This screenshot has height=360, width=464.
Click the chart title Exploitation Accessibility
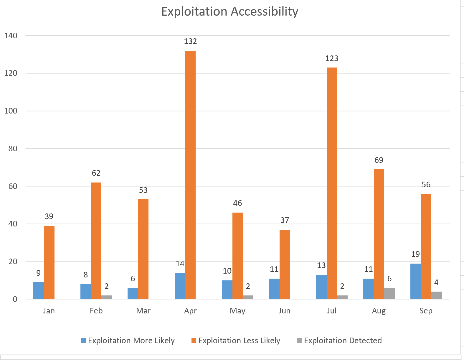pyautogui.click(x=229, y=11)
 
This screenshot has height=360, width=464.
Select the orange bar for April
pyautogui.click(x=190, y=175)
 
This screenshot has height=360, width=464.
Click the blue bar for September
pyautogui.click(x=415, y=281)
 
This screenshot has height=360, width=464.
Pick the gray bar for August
pyautogui.click(x=389, y=293)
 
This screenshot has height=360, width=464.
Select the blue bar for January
pyautogui.click(x=38, y=290)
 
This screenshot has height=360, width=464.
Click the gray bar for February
pyautogui.click(x=107, y=297)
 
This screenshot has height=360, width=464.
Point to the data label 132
pyautogui.click(x=190, y=41)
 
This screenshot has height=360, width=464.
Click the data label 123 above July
pyautogui.click(x=332, y=58)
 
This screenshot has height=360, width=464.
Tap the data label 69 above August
pyautogui.click(x=379, y=160)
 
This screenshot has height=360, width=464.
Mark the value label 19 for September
pyautogui.click(x=415, y=254)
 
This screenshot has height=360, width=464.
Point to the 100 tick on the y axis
pyautogui.click(x=11, y=111)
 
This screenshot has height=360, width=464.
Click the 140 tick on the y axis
pyautogui.click(x=11, y=36)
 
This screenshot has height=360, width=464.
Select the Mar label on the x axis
pyautogui.click(x=143, y=311)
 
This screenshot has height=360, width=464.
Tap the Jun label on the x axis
pyautogui.click(x=284, y=311)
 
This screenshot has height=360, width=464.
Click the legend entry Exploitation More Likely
pyautogui.click(x=131, y=341)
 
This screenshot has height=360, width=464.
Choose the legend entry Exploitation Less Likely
pyautogui.click(x=239, y=341)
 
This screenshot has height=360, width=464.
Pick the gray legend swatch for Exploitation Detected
pyautogui.click(x=300, y=341)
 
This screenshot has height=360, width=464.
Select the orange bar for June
pyautogui.click(x=285, y=264)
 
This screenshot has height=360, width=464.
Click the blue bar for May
pyautogui.click(x=227, y=290)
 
